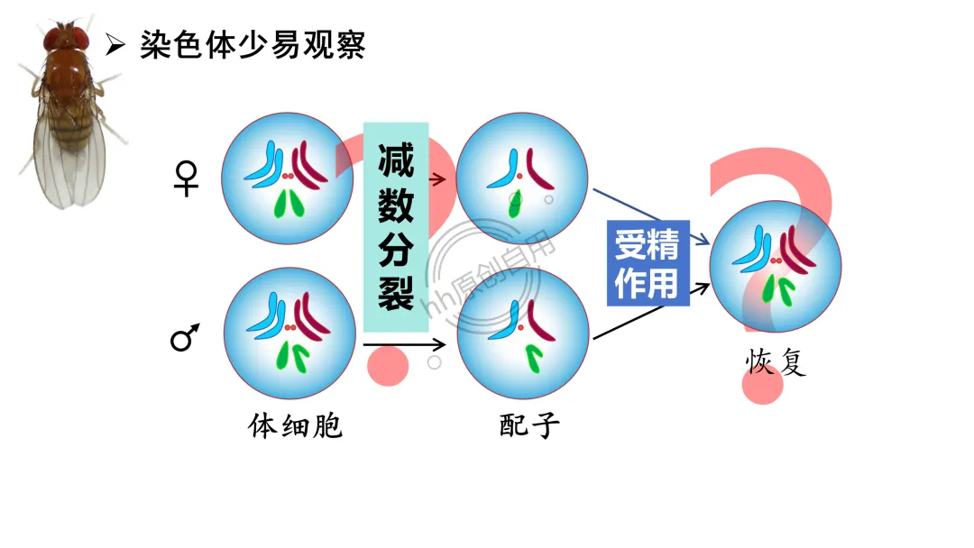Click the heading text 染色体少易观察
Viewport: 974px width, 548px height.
(253, 44)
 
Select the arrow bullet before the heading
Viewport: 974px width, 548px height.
(115, 44)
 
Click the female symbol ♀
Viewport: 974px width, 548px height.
(185, 178)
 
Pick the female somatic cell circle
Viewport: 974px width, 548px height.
(288, 178)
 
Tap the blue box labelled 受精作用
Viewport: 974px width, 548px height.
(648, 262)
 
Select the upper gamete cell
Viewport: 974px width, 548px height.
(522, 178)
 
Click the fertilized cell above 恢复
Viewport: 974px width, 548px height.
(775, 267)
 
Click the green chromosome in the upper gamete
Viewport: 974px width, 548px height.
(515, 205)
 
